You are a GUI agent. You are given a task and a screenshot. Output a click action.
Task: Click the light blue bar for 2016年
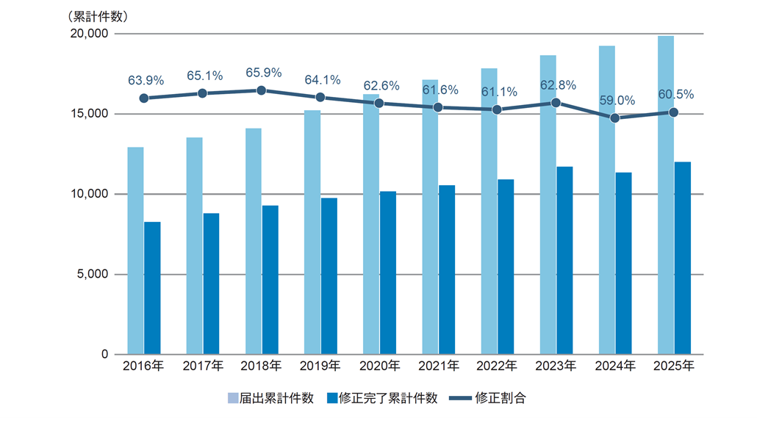136,250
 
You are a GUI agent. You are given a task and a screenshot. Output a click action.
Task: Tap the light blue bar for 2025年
666,195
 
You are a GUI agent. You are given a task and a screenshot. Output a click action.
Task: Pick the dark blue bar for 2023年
564,260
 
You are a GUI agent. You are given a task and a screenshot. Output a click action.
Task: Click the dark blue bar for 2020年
388,272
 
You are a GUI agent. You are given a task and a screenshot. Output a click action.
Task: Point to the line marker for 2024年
615,118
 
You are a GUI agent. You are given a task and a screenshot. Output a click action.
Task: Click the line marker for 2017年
202,93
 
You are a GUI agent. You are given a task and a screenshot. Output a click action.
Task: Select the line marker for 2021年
438,107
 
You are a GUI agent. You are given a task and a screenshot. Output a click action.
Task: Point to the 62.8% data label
557,85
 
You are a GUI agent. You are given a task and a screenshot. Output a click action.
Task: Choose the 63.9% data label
145,80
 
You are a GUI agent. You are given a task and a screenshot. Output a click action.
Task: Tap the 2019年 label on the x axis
320,366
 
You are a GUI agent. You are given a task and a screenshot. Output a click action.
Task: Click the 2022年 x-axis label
498,366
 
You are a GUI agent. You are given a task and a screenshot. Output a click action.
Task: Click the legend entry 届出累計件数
271,398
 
